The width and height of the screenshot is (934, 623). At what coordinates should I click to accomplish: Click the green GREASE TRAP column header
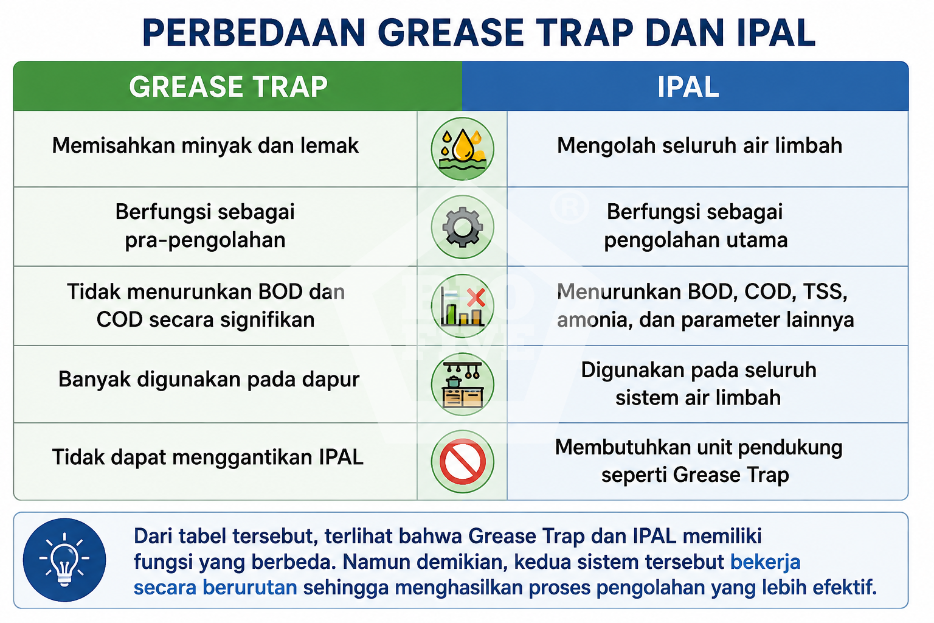[x=238, y=86]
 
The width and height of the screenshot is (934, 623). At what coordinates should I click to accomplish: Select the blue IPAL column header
[x=685, y=86]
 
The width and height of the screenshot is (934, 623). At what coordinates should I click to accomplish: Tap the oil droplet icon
[x=462, y=148]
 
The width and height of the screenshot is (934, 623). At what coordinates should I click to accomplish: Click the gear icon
[x=462, y=227]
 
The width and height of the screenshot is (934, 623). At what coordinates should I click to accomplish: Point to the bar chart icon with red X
[x=462, y=306]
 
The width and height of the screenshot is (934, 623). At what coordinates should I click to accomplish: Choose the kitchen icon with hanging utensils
[x=462, y=385]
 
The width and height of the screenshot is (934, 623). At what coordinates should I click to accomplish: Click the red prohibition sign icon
[x=462, y=462]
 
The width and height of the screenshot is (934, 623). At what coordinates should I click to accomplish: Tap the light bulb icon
[x=64, y=560]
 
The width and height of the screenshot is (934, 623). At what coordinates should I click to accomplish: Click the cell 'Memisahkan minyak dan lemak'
[x=205, y=145]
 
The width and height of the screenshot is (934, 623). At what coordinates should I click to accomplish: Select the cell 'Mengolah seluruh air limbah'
[x=700, y=145]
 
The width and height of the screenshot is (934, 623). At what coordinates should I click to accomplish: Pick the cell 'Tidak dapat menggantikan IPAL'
[x=207, y=458]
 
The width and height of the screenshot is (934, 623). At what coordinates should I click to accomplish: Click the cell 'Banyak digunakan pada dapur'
[x=209, y=380]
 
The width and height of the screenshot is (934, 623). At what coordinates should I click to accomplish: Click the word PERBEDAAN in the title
[x=254, y=32]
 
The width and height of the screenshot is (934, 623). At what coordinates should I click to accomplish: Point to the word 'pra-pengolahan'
[x=205, y=240]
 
